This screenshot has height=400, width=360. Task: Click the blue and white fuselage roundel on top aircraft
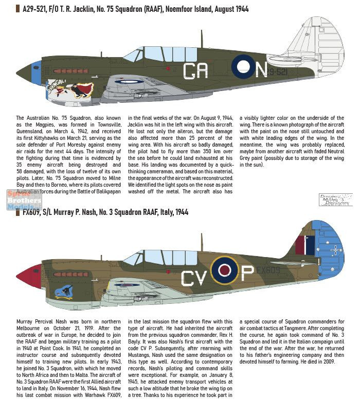tap(243, 66)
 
